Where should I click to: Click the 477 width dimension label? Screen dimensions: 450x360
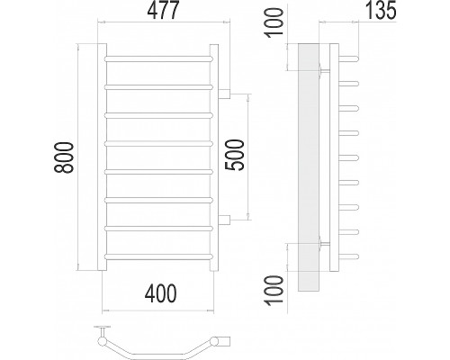pos(163,11)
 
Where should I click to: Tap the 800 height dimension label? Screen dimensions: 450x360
pos(64,157)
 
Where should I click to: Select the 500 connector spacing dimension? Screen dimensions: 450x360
pos(235,155)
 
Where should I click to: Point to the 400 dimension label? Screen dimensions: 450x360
pos(160,293)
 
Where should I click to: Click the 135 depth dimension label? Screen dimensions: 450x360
pos(381,10)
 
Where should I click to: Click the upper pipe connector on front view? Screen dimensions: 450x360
pos(224,94)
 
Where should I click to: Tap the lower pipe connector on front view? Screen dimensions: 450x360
pos(224,220)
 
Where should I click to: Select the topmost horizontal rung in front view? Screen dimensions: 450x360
pos(158,58)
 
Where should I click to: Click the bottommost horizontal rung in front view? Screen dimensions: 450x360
pos(158,256)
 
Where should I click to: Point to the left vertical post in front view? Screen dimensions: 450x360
pos(102,157)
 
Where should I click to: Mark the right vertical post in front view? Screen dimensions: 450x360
pos(214,157)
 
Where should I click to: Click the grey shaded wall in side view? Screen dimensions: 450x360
pos(309,167)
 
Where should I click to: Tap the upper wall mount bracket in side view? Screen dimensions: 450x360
pos(324,70)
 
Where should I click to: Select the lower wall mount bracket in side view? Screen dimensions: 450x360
pos(324,244)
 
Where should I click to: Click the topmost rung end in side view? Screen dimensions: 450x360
pos(348,58)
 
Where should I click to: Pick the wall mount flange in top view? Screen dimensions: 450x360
pos(102,327)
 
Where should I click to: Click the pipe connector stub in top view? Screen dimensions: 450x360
pos(224,341)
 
